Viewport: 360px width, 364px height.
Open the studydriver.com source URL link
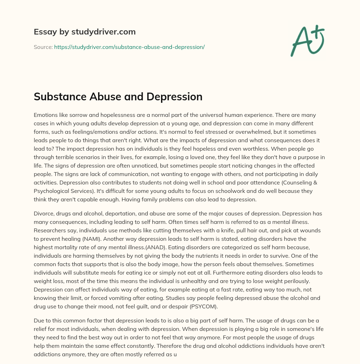[129, 46]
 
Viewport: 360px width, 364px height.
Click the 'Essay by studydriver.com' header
[84, 32]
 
